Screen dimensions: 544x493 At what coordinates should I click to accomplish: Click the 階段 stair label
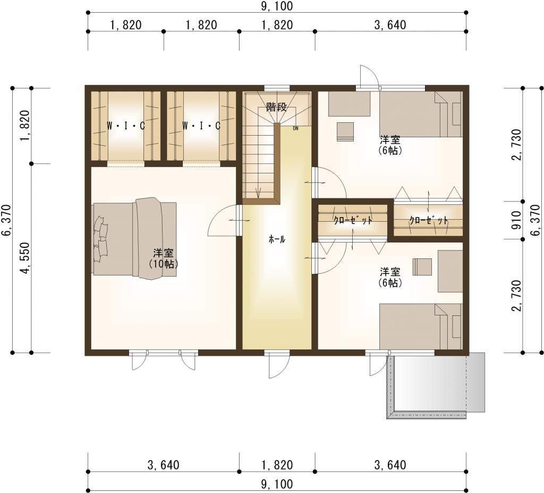click(276, 107)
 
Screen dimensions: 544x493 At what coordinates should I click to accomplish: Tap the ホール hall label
click(277, 239)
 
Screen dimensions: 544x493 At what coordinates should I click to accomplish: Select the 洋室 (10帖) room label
click(164, 258)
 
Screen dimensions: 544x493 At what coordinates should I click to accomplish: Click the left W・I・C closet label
click(125, 126)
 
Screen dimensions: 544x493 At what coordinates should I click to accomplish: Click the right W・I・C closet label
click(201, 126)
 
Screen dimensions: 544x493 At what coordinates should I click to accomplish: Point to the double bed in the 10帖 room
click(135, 238)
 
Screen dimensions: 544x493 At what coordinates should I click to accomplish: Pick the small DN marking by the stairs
click(295, 128)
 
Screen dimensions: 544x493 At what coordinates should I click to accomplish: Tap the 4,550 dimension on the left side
click(27, 258)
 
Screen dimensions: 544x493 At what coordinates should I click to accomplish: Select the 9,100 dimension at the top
click(276, 6)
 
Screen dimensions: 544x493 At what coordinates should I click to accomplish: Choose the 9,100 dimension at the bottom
click(276, 483)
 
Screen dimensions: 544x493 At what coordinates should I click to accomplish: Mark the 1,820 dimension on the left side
click(27, 126)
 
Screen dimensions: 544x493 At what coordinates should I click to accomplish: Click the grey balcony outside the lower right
click(436, 386)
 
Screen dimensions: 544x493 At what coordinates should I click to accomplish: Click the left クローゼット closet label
click(353, 220)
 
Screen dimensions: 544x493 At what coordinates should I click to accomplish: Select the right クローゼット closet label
click(429, 220)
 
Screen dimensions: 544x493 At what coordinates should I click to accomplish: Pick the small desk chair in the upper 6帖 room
click(345, 132)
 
